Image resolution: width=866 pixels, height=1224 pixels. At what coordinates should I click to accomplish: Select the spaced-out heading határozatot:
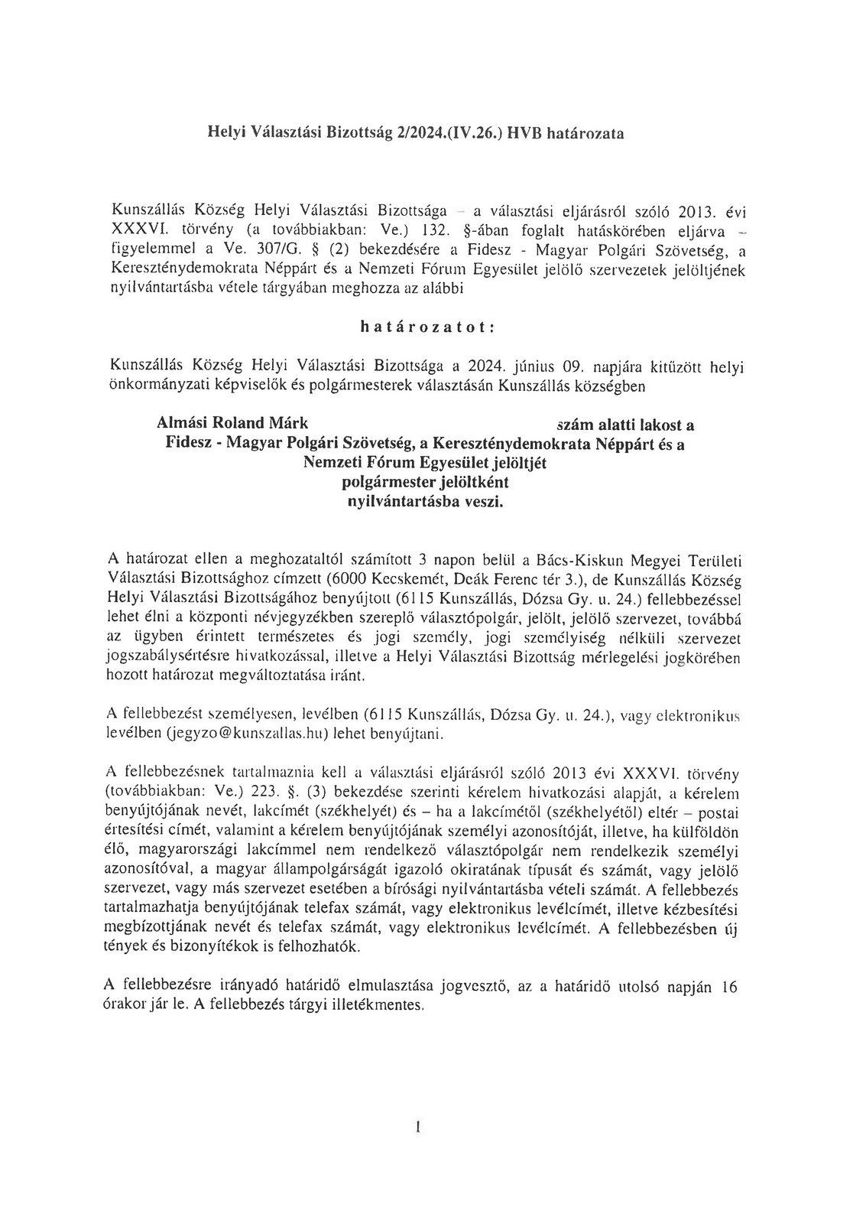[x=427, y=327]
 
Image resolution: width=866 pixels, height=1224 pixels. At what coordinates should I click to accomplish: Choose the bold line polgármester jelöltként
[x=424, y=483]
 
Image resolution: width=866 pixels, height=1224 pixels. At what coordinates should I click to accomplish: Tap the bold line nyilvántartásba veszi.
[x=426, y=502]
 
